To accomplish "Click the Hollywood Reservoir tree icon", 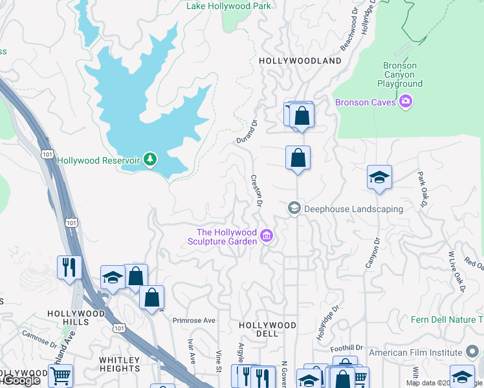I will tap(150, 159).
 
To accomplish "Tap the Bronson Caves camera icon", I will tap(406, 102).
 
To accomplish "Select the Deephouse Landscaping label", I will tap(353, 209).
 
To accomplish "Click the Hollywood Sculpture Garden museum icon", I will tap(267, 237).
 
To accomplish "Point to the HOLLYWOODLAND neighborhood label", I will tap(300, 61).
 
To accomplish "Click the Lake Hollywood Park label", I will tap(228, 6).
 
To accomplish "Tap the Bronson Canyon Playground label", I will tap(400, 74).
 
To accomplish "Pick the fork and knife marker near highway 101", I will tap(67, 266).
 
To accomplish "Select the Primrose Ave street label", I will tap(193, 320).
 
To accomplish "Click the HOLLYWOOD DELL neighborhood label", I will tap(267, 329).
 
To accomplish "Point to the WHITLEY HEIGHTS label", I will tap(120, 364).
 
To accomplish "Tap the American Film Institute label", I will tap(415, 352).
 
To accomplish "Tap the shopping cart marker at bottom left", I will tap(60, 375).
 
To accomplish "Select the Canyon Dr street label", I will tap(372, 253).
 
